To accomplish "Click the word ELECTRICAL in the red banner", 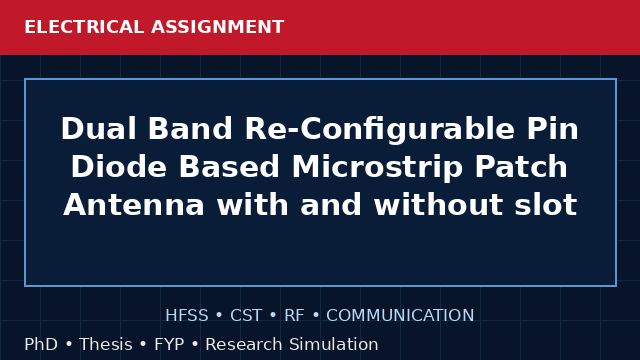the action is tap(84, 27).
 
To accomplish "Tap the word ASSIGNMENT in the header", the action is tap(218, 27).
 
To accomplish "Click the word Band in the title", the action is tap(190, 129).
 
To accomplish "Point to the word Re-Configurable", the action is tap(380, 129).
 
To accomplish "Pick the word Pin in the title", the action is tap(553, 129).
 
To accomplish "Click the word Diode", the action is tap(119, 167).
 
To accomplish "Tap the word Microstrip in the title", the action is tap(378, 167).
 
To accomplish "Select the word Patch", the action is tap(521, 167).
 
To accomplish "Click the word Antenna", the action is tap(134, 204).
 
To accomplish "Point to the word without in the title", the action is tap(438, 204).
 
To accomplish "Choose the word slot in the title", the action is tap(546, 204).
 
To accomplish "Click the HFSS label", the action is tap(187, 316).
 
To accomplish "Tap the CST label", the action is tap(246, 316).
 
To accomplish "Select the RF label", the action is tap(294, 316).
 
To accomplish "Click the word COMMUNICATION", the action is tap(400, 316).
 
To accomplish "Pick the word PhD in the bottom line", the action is tap(41, 344).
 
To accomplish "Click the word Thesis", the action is tap(106, 344).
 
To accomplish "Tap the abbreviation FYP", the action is tap(169, 344).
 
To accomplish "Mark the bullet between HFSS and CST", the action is tap(219, 316).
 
